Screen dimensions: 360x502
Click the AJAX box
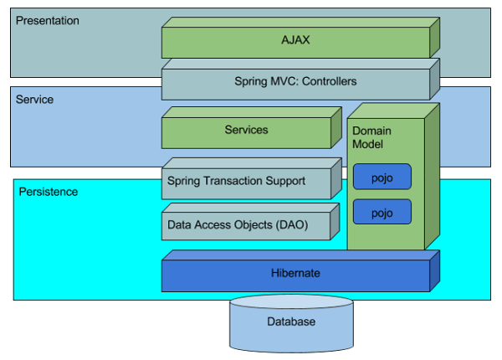tap(295, 39)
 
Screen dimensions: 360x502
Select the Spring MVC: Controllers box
tap(295, 82)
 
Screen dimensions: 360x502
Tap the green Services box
tap(246, 130)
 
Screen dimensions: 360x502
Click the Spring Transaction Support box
tap(246, 180)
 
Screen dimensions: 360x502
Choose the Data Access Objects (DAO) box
tap(246, 224)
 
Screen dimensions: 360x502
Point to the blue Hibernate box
tap(295, 273)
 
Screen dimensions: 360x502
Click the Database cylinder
tap(291, 322)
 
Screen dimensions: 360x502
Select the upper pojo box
tap(382, 177)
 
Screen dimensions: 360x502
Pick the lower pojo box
tap(382, 213)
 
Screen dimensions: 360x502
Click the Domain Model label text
tap(371, 138)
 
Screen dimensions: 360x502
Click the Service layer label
tap(34, 100)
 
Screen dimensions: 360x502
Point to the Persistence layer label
tap(48, 192)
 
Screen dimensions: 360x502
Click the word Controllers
tap(329, 82)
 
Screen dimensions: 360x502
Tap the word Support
tap(284, 180)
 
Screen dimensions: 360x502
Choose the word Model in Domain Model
tap(366, 145)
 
